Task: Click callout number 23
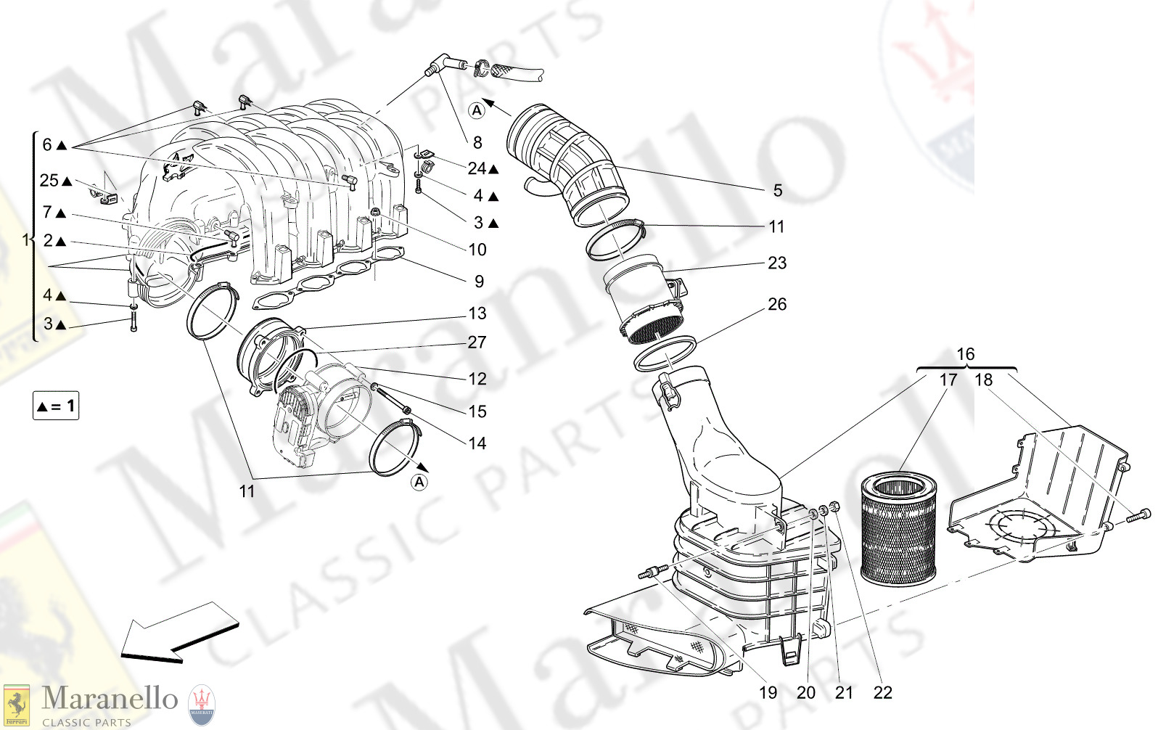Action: coord(776,263)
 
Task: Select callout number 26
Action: coord(776,305)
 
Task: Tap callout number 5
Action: coord(777,191)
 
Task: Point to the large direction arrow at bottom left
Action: coord(178,633)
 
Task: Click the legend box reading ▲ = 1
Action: coord(56,406)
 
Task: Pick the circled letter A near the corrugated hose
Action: coord(477,110)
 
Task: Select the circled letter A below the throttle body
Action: coord(419,482)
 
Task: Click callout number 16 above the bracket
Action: coord(965,354)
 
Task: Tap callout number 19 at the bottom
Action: coord(768,693)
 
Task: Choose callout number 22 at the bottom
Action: coord(882,693)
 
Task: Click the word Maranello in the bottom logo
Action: coord(110,699)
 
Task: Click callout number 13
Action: coord(477,313)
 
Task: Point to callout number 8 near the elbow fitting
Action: coord(477,143)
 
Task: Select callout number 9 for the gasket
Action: coord(479,282)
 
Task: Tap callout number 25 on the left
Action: coord(49,181)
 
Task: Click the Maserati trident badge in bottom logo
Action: coord(202,704)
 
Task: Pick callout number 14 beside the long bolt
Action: coord(477,443)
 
